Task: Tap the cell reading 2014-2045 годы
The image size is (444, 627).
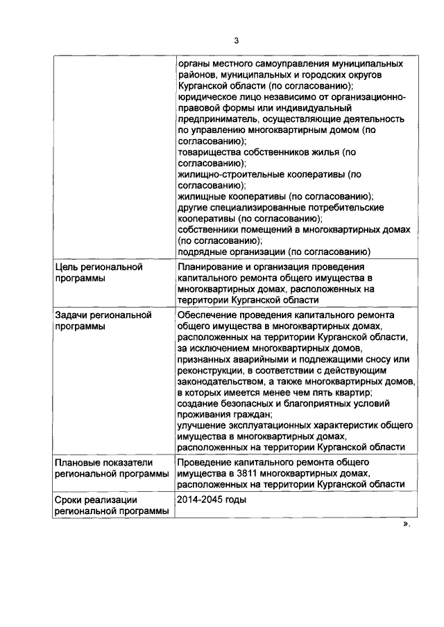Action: point(212,499)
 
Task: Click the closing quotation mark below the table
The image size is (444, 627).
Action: point(406,524)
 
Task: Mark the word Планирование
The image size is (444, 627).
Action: point(210,267)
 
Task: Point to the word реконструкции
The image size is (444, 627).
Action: point(210,370)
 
